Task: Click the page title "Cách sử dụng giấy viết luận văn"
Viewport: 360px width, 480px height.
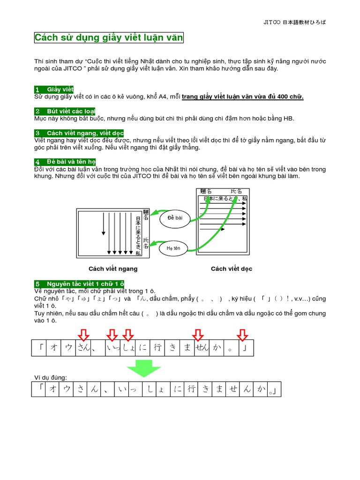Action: pyautogui.click(x=109, y=38)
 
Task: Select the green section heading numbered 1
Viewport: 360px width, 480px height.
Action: pyautogui.click(x=54, y=89)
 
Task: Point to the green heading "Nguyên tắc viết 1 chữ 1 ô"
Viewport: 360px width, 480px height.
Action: pyautogui.click(x=79, y=284)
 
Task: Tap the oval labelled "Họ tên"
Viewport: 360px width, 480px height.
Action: pyautogui.click(x=173, y=248)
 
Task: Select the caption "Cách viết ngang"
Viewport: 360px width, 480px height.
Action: pyautogui.click(x=113, y=269)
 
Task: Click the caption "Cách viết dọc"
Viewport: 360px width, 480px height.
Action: pyautogui.click(x=232, y=269)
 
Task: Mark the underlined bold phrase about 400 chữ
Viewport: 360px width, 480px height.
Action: pyautogui.click(x=242, y=97)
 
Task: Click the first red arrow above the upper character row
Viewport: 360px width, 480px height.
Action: pyautogui.click(x=83, y=335)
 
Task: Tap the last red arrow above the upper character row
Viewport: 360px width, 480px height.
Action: pyautogui.click(x=242, y=335)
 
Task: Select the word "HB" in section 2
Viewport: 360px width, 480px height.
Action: pyautogui.click(x=289, y=119)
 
